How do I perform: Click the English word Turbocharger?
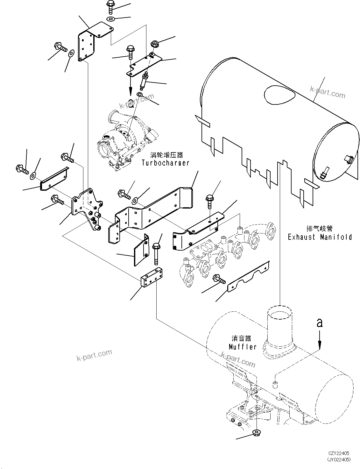pyautogui.click(x=166, y=163)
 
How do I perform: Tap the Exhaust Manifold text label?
pyautogui.click(x=320, y=237)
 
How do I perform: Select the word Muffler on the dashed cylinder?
pyautogui.click(x=243, y=347)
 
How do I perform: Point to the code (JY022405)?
pyautogui.click(x=339, y=459)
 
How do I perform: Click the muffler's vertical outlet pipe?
pyautogui.click(x=279, y=325)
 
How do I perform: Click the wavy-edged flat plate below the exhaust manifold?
pyautogui.click(x=248, y=277)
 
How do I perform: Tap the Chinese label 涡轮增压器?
pyautogui.click(x=166, y=155)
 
